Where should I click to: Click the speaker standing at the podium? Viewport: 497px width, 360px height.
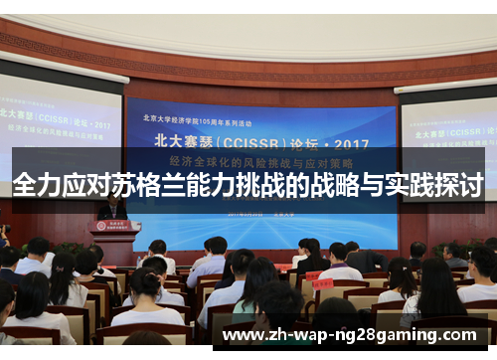tap(112, 208)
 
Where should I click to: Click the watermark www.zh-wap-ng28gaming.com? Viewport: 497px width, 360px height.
tap(354, 336)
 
